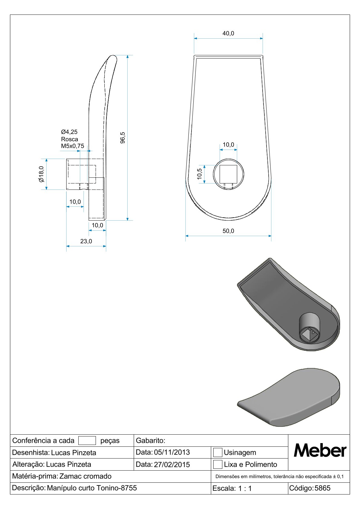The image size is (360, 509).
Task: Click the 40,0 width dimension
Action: pyautogui.click(x=228, y=34)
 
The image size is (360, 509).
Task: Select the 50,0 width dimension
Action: pyautogui.click(x=228, y=231)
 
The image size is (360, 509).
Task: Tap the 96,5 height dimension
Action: pyautogui.click(x=123, y=138)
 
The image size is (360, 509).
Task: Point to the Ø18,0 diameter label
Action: pyautogui.click(x=41, y=174)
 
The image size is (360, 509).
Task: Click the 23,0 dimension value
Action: pyautogui.click(x=86, y=241)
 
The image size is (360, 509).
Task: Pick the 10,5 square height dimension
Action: pyautogui.click(x=199, y=174)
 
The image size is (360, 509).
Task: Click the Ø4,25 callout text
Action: pyautogui.click(x=69, y=132)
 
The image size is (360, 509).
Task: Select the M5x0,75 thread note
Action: pyautogui.click(x=72, y=146)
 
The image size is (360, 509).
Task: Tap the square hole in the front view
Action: pyautogui.click(x=228, y=174)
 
